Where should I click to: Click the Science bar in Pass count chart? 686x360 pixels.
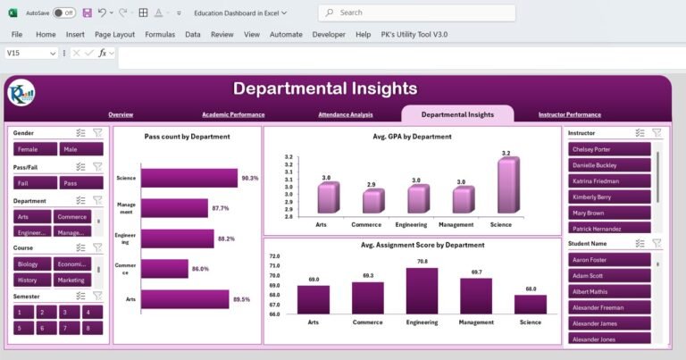point(188,178)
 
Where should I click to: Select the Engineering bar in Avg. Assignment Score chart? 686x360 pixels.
point(422,290)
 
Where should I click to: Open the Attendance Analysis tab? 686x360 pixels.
point(345,114)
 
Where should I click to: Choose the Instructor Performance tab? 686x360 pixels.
point(569,114)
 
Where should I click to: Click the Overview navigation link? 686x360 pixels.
point(121,114)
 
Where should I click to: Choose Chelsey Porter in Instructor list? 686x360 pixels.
point(609,149)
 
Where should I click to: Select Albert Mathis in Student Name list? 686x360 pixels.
point(609,291)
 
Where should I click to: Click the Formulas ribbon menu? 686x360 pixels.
point(160,34)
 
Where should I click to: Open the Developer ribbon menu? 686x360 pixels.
point(329,34)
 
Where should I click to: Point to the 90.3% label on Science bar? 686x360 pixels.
point(249,178)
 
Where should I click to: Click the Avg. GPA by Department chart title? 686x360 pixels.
point(412,137)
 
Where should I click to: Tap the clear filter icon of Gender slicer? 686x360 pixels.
point(97,132)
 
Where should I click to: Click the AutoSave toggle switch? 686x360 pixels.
point(64,13)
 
